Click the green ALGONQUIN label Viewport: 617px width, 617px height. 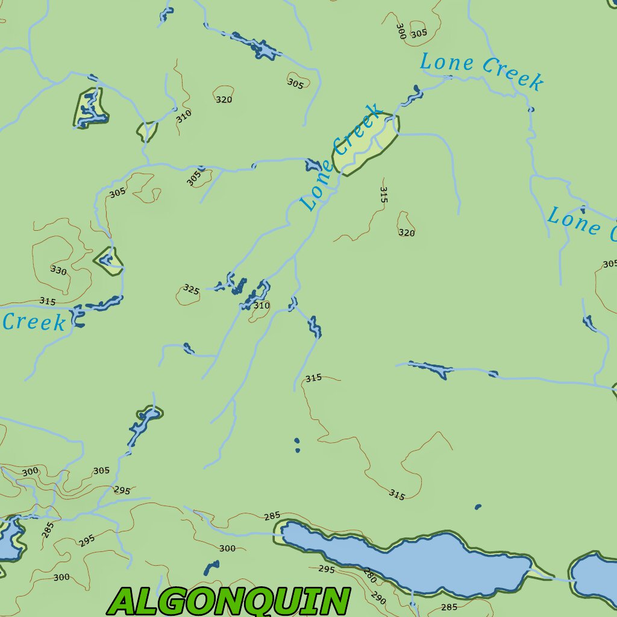[230, 601]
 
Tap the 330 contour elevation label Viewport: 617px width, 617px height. [58, 271]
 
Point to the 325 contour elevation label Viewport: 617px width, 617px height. [191, 290]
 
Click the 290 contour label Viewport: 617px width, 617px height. [378, 598]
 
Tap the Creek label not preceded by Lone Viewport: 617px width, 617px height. [34, 322]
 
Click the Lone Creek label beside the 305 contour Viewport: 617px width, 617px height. [481, 70]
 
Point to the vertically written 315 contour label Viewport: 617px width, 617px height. [384, 194]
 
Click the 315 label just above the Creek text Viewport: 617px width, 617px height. [48, 301]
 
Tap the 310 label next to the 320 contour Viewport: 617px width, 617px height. [184, 116]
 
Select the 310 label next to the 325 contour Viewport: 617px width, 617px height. [261, 305]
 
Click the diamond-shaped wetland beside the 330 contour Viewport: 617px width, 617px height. [109, 262]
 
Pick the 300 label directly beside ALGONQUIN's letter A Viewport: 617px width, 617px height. [61, 577]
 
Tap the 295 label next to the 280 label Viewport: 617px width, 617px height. [327, 569]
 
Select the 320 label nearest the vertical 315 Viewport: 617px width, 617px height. [407, 233]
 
